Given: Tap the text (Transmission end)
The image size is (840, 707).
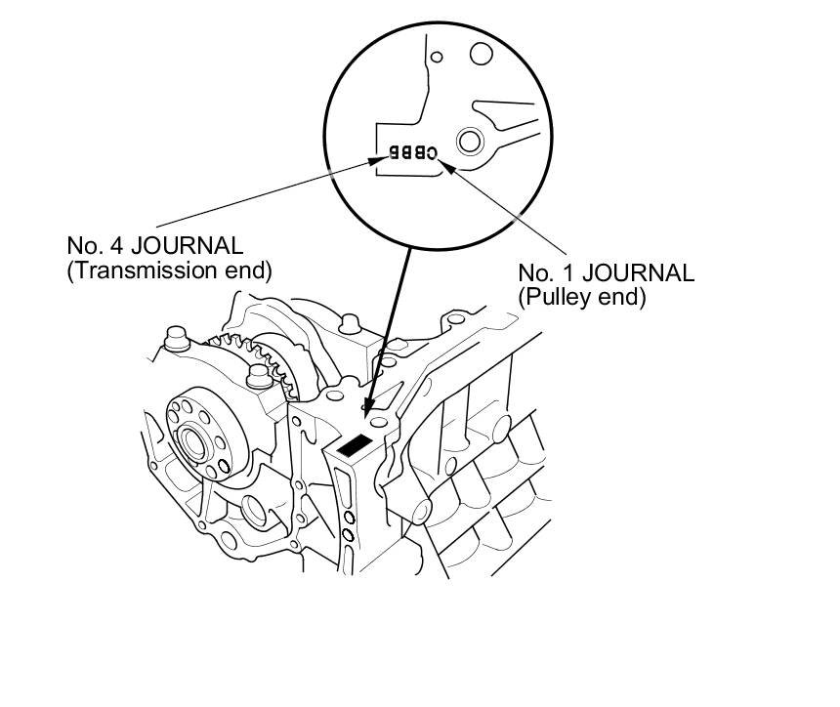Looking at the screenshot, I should coord(169,270).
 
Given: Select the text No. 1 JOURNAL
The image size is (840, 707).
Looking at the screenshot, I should coord(606,273).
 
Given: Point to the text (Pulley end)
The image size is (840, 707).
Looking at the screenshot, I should coord(582,298).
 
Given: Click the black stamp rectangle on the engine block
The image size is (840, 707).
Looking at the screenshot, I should coord(354,444).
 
